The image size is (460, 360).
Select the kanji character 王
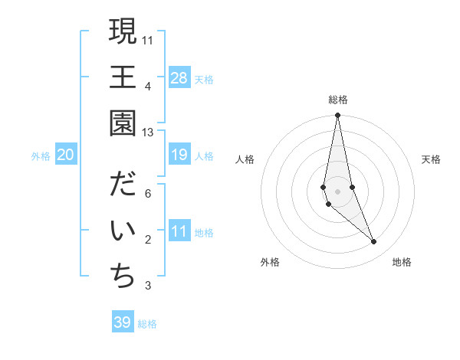(123, 77)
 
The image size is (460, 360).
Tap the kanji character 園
(123, 123)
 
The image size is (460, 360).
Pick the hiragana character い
(123, 231)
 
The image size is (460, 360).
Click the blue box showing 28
(179, 77)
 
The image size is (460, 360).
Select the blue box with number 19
(179, 155)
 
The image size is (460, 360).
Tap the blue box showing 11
(179, 231)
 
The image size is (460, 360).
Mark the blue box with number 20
(66, 155)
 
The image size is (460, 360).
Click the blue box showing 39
(123, 322)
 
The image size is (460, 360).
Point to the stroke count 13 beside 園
(147, 133)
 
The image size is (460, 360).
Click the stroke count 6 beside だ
(147, 194)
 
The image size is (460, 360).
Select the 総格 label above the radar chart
(337, 100)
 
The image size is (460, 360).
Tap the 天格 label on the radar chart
(431, 159)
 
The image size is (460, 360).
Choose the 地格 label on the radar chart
(402, 262)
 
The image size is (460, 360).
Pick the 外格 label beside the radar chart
(270, 262)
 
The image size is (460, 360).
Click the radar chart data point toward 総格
(337, 116)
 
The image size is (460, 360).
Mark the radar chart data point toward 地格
(374, 242)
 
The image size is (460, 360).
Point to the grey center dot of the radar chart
(337, 191)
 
